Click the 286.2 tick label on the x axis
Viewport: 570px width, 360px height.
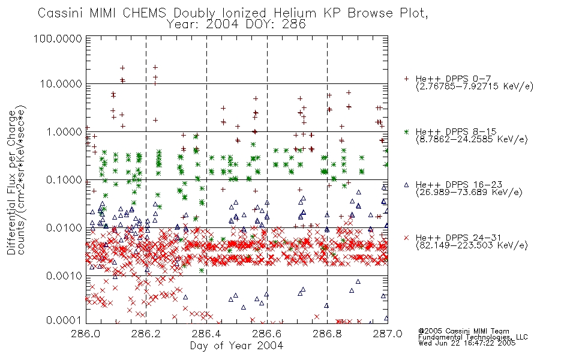click(x=146, y=334)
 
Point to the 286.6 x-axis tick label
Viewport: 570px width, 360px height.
click(x=267, y=334)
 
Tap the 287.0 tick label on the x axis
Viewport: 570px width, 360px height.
click(x=388, y=334)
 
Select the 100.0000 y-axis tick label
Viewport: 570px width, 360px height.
click(x=58, y=39)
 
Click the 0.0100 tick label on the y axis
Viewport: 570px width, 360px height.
click(x=64, y=228)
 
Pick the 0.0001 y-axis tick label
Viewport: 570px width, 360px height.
click(x=64, y=320)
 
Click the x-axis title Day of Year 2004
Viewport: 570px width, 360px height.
click(x=236, y=346)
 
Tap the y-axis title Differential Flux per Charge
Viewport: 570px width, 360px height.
click(x=12, y=182)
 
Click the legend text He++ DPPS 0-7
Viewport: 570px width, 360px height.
click(x=454, y=79)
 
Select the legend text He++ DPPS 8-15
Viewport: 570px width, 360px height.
click(x=456, y=131)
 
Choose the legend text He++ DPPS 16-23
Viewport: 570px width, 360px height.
click(x=459, y=185)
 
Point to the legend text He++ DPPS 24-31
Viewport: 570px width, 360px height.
click(x=459, y=238)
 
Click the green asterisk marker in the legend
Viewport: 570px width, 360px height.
click(x=406, y=132)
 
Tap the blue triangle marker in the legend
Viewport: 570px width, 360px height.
click(x=406, y=185)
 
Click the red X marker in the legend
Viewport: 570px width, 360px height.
click(x=406, y=238)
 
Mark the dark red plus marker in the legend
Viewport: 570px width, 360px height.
click(x=406, y=79)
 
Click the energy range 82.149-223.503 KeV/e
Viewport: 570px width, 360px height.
click(x=472, y=245)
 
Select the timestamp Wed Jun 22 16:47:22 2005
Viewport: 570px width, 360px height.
click(x=467, y=343)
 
